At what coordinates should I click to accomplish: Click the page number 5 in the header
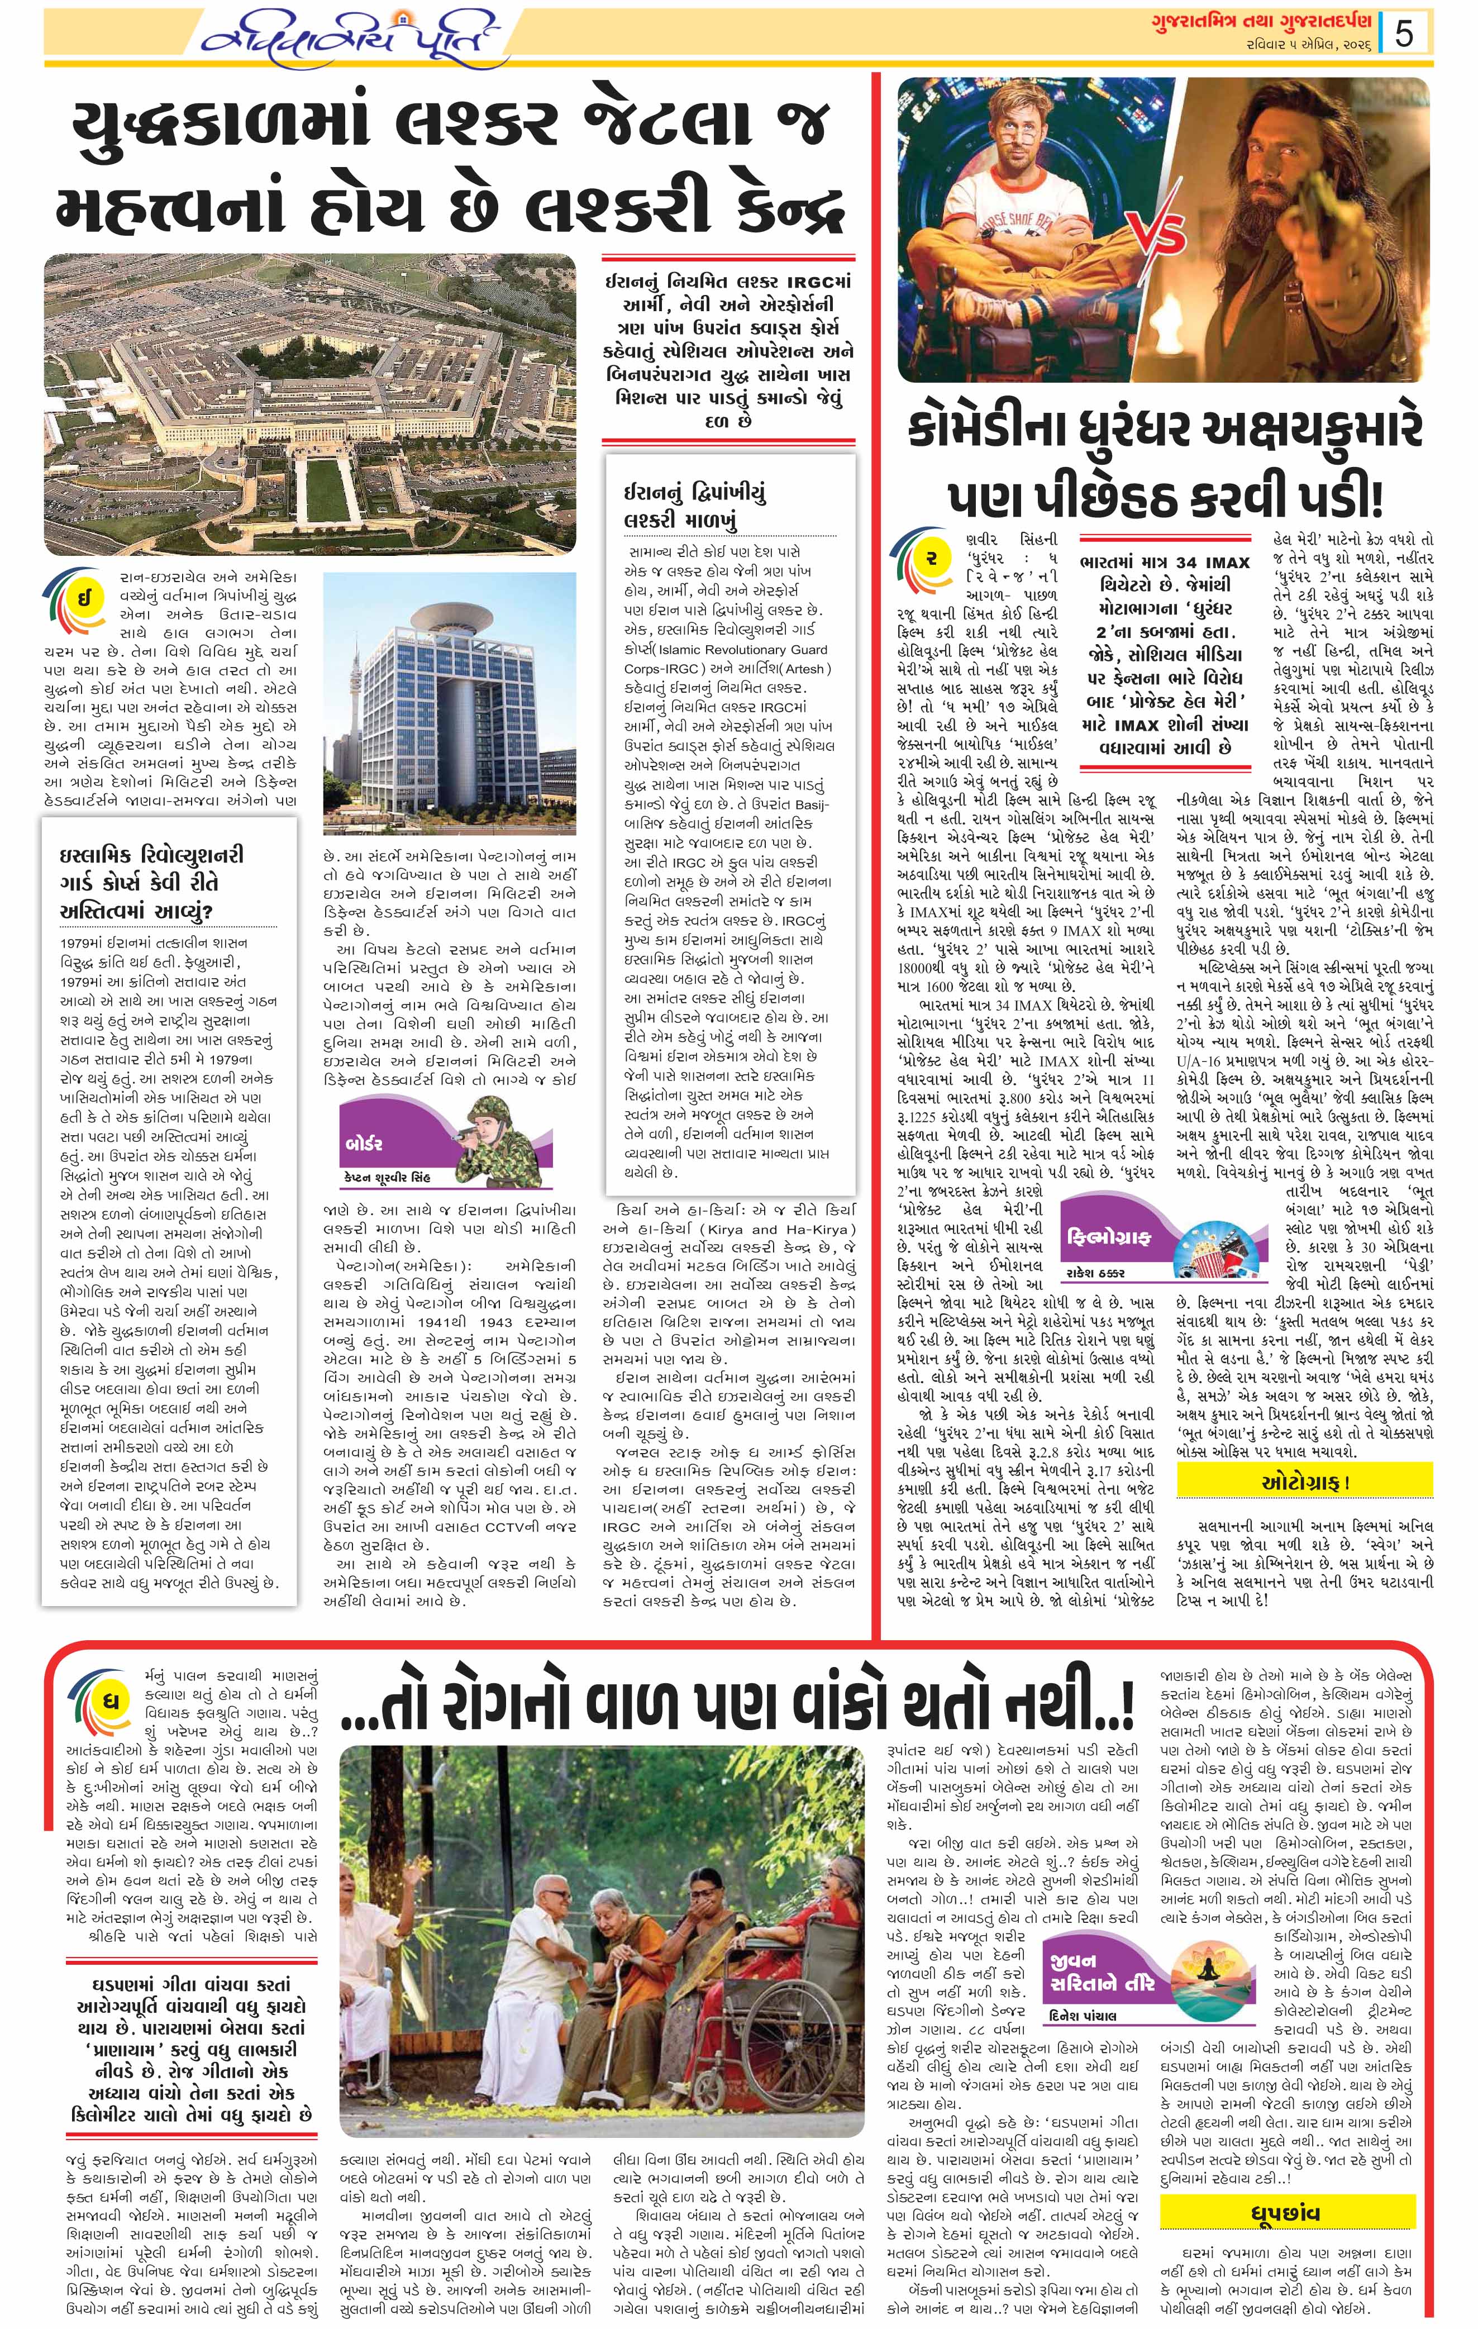[1404, 34]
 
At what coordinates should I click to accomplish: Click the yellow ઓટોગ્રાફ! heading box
[1304, 1481]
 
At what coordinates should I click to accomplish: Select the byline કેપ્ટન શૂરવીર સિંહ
[386, 1177]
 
